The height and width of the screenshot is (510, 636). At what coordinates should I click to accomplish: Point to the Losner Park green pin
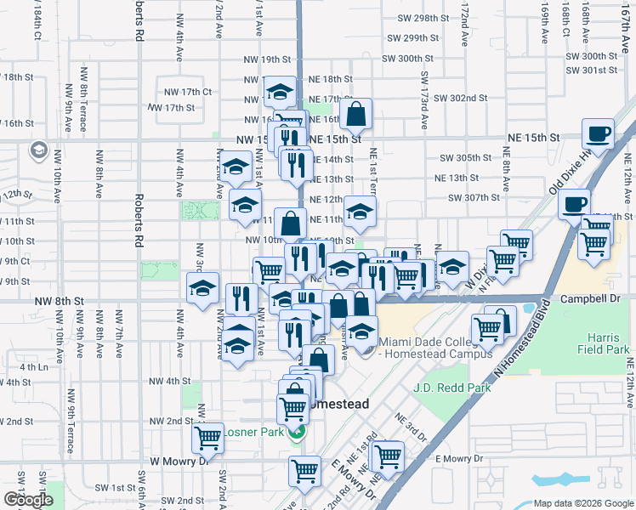(296, 433)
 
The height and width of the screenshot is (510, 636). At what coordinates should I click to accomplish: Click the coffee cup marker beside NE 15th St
(598, 133)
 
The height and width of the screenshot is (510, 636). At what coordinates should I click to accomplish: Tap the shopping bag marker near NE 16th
(357, 113)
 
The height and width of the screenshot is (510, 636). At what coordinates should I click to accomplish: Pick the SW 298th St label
(417, 18)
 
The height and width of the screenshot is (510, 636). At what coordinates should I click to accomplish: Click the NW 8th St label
(60, 301)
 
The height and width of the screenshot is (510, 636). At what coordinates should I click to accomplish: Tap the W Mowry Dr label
(179, 461)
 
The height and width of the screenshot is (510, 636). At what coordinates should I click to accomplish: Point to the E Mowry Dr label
(458, 459)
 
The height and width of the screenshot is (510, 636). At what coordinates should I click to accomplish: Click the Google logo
(28, 500)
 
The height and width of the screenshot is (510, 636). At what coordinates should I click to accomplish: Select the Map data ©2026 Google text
(583, 503)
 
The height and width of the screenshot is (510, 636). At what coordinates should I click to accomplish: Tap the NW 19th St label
(264, 59)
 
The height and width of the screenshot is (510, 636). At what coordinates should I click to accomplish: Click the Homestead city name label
(338, 405)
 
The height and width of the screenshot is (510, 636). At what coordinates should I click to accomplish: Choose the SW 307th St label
(474, 198)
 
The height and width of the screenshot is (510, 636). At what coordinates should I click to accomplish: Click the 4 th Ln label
(34, 366)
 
